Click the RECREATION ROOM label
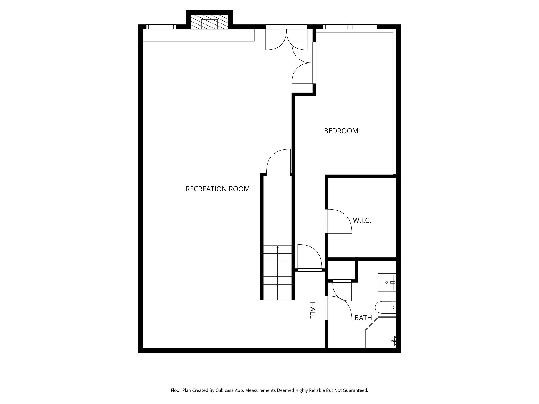pyautogui.click(x=218, y=189)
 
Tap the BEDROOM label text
pyautogui.click(x=341, y=131)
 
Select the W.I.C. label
pyautogui.click(x=362, y=220)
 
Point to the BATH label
pyautogui.click(x=363, y=318)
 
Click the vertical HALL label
pyautogui.click(x=312, y=310)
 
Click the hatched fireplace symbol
pyautogui.click(x=209, y=22)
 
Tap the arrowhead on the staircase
pyautogui.click(x=277, y=248)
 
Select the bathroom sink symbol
pyautogui.click(x=387, y=282)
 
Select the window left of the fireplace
pyautogui.click(x=161, y=27)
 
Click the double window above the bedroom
pyautogui.click(x=350, y=27)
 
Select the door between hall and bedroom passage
pyautogui.click(x=309, y=258)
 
